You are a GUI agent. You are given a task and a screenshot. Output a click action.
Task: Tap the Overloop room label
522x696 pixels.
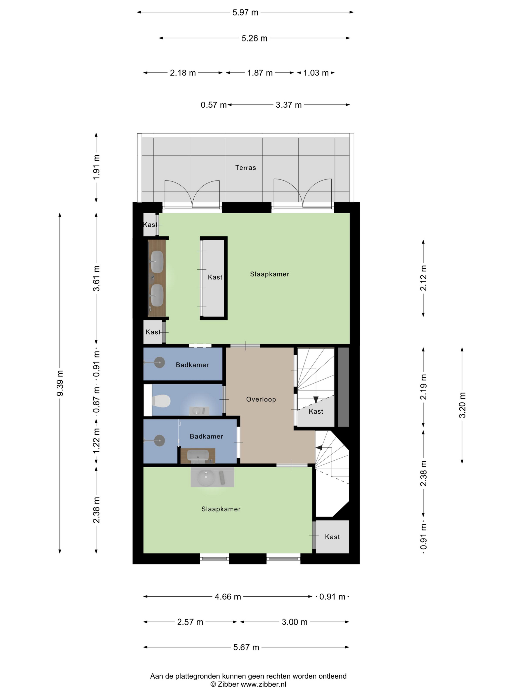(261, 399)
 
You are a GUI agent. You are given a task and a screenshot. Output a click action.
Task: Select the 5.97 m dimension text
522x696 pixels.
(245, 13)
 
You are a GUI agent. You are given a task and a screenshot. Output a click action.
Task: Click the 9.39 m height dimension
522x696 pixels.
(60, 383)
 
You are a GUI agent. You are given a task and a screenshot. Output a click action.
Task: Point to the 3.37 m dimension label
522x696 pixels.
(289, 105)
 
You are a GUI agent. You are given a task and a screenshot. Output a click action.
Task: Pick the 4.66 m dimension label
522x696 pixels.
(228, 597)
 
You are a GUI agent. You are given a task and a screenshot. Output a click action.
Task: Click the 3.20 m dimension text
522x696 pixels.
(462, 405)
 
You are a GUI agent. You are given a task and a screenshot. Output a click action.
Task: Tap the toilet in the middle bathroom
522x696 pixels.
(161, 401)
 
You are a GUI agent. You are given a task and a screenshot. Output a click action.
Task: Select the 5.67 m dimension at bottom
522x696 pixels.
(246, 647)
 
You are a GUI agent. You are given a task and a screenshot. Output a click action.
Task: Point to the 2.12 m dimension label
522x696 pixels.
(424, 278)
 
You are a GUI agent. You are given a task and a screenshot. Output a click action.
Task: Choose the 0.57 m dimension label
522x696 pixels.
(214, 105)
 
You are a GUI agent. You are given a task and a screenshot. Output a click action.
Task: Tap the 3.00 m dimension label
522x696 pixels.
(295, 622)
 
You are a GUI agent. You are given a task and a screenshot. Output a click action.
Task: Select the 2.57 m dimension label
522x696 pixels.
(190, 622)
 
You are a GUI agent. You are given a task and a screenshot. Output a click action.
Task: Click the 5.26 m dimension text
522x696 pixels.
(254, 38)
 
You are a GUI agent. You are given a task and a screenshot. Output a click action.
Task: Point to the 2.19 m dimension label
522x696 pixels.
(424, 387)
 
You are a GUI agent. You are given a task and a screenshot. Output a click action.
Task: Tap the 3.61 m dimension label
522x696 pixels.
(96, 278)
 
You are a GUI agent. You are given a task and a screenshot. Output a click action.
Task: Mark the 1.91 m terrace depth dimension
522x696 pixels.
(96, 167)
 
